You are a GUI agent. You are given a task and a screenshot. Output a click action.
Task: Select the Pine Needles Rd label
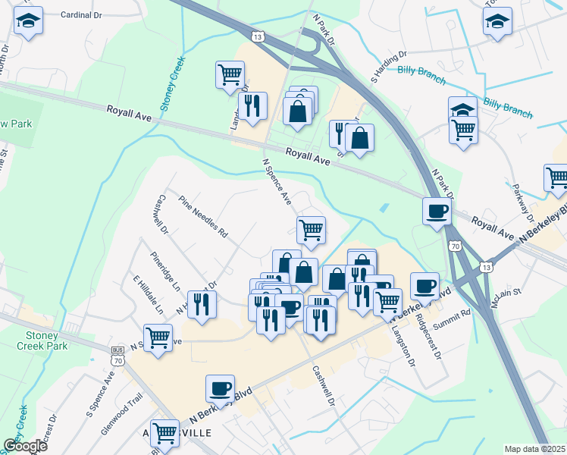pos(203,218)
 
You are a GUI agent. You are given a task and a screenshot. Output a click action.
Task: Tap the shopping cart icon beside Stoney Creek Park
pos(158,337)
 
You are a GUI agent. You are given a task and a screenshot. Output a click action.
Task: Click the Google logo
pos(25,446)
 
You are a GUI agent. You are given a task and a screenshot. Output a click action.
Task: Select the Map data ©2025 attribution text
pos(534,449)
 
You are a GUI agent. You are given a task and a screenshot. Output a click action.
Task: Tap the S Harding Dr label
pos(389,67)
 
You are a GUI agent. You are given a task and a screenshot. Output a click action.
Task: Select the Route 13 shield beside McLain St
pos(486,268)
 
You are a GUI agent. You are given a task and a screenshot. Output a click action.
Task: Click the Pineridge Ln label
pos(166,271)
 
